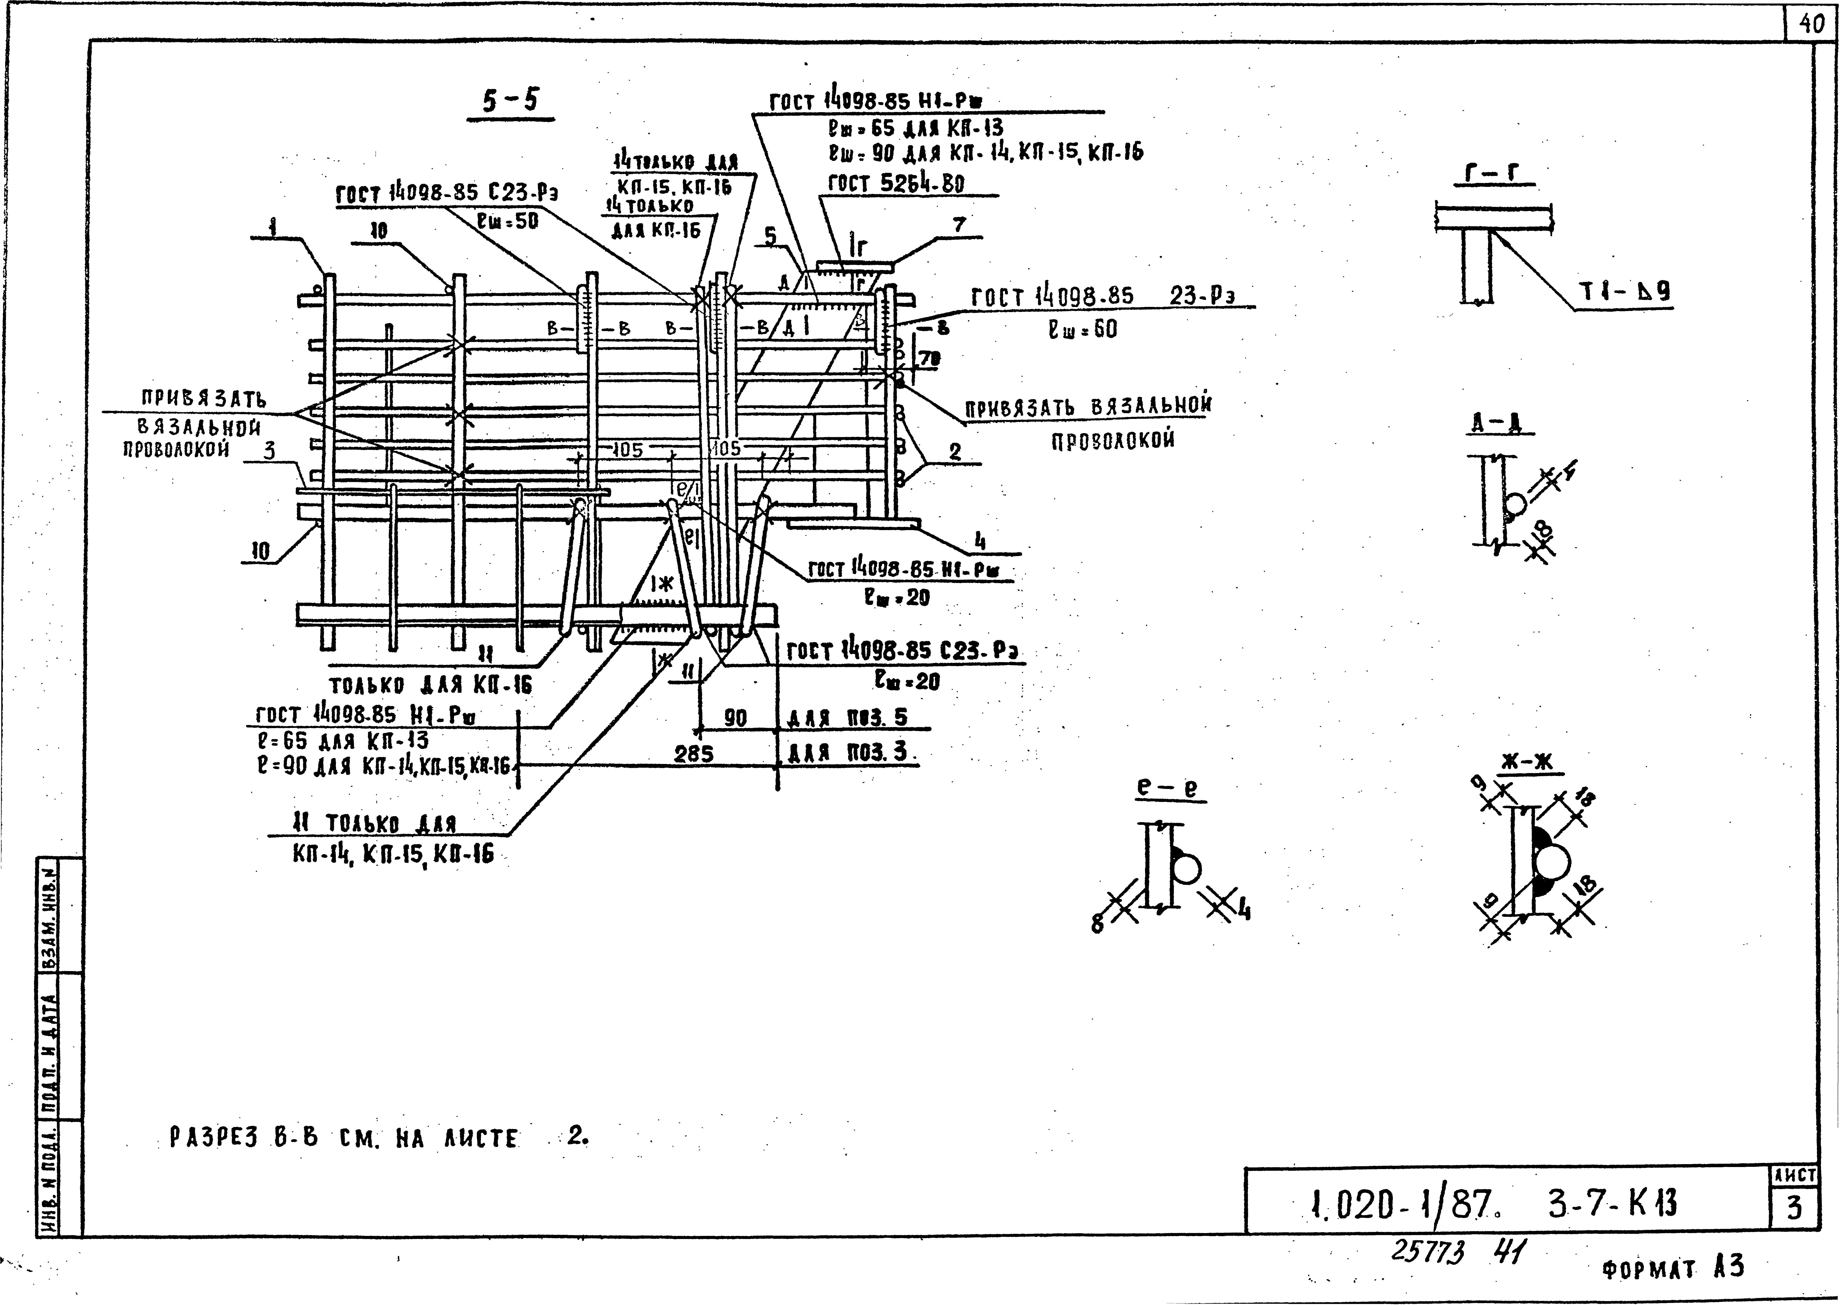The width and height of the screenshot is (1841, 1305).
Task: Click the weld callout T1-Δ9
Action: tap(1625, 293)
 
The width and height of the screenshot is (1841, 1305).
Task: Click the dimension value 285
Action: tap(694, 754)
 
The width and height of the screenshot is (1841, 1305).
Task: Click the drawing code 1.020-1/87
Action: tap(1402, 1203)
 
